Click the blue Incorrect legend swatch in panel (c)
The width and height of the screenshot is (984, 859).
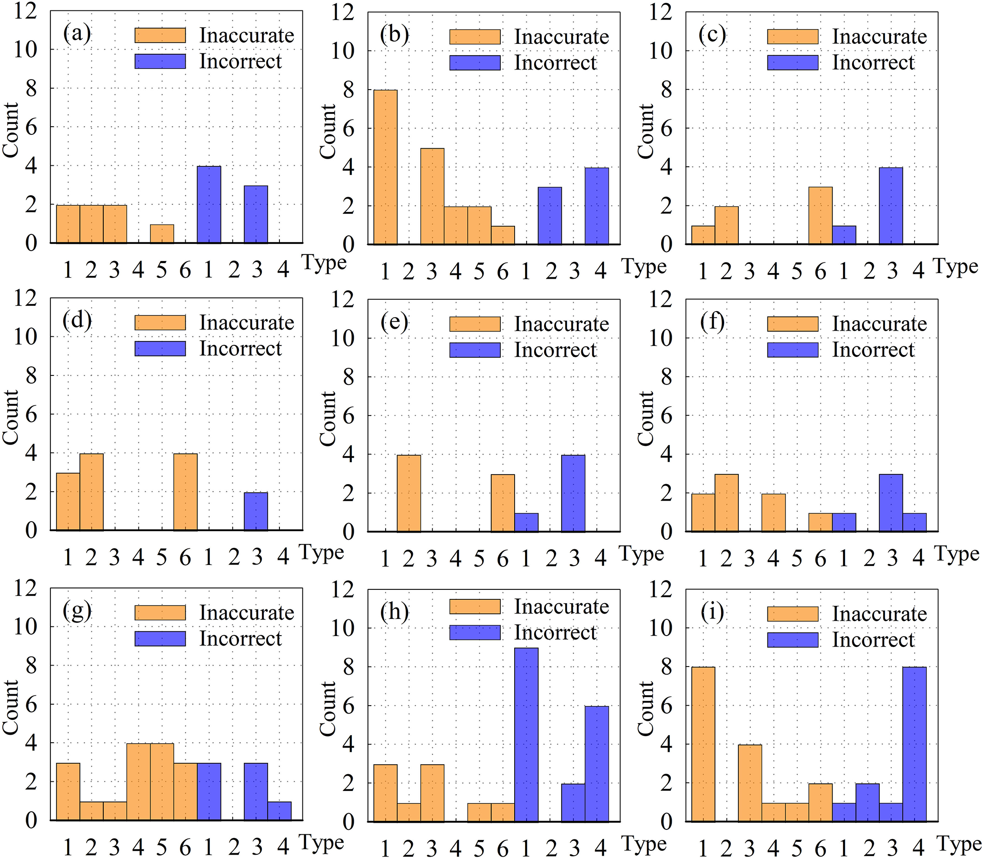pos(792,63)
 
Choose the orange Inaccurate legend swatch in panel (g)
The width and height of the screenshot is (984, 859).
pos(160,613)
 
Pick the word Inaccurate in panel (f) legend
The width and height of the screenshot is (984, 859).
pos(879,324)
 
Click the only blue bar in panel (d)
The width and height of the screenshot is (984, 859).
pos(256,511)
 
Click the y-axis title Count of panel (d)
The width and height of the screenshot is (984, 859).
pos(10,417)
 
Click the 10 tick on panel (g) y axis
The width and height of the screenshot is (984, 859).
pos(25,627)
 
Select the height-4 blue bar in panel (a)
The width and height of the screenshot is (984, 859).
pos(209,205)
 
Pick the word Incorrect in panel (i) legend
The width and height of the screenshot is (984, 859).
pos(873,640)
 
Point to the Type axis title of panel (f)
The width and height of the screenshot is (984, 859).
pos(956,554)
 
